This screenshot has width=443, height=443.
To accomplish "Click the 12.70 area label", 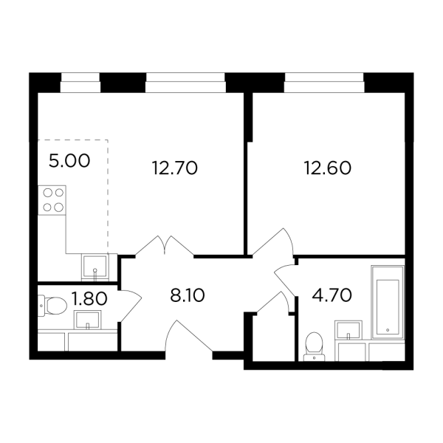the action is click(x=174, y=168).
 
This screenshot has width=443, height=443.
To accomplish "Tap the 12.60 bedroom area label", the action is click(x=327, y=168).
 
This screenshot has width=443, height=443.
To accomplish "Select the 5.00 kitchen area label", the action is click(x=69, y=161).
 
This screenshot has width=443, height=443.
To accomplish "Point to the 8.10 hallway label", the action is click(x=188, y=296).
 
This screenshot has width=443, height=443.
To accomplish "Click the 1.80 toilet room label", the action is click(x=89, y=298).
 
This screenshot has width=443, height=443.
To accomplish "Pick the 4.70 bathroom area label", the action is click(x=332, y=295).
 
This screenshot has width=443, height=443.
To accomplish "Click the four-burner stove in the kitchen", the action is click(x=52, y=200).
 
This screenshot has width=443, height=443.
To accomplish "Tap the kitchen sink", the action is click(x=95, y=267).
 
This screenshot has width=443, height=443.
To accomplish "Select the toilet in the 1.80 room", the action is click(x=52, y=306).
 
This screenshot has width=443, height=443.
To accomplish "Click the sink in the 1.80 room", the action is click(x=88, y=320).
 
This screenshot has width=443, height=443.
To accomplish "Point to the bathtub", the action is click(x=388, y=302).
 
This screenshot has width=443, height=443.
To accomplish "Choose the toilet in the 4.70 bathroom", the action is click(x=315, y=346).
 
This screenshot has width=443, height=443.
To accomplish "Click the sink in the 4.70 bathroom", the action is click(x=348, y=330).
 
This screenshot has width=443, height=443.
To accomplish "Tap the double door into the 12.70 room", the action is click(x=165, y=246).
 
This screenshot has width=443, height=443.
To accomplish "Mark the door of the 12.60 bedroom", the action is click(x=273, y=242).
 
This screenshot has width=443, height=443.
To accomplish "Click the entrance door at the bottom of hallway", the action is click(x=189, y=337).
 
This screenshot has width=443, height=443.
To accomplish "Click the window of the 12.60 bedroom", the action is click(x=324, y=83).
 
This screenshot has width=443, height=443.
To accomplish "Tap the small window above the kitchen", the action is click(x=80, y=83).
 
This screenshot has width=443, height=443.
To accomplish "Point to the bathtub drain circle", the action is click(x=388, y=330).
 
